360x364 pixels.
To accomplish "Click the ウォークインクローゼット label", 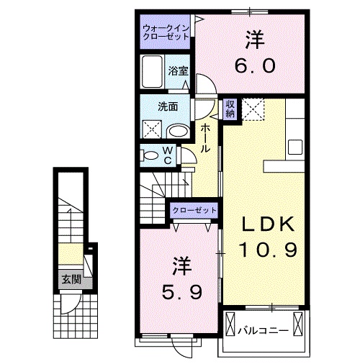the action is [x=166, y=32].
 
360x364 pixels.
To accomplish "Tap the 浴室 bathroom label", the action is [x=178, y=70].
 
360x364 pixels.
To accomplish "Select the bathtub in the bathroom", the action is [x=152, y=72].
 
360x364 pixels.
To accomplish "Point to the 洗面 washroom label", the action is [x=168, y=106].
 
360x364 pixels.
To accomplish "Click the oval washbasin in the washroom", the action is [x=179, y=132].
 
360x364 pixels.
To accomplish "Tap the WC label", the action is [x=168, y=155].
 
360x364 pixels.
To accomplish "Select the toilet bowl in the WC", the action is [x=150, y=156].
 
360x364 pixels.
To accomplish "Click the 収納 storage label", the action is [x=230, y=109].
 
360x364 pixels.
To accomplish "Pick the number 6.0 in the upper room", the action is [x=254, y=65].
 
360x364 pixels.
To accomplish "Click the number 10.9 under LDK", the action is [x=268, y=250].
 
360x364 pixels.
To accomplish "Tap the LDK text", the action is [x=268, y=224].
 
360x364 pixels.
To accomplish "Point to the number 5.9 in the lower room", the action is [x=181, y=292].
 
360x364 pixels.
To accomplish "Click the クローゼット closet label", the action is [x=194, y=210].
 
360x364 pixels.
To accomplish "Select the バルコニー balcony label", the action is [x=263, y=331].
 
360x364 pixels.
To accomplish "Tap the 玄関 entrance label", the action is [x=71, y=279].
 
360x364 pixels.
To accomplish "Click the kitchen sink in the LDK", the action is [x=295, y=147].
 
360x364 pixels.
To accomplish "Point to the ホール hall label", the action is [x=205, y=139].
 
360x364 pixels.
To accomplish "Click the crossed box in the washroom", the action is [x=152, y=129].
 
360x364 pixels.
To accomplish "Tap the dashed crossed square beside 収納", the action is [x=253, y=109].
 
